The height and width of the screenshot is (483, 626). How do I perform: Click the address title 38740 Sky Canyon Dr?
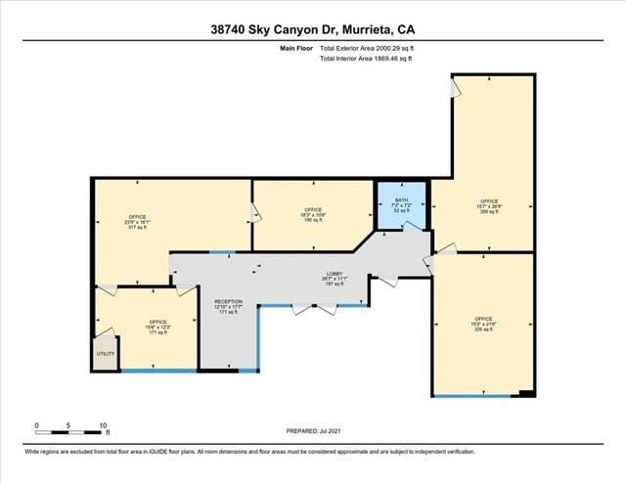[312, 29]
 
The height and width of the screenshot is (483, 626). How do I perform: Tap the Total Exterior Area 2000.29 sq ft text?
[367, 47]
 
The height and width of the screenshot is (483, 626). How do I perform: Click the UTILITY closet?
[104, 354]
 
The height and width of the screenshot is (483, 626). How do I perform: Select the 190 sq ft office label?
[313, 215]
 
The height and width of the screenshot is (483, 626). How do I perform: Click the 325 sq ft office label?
[483, 325]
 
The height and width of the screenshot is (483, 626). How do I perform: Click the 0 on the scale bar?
[36, 424]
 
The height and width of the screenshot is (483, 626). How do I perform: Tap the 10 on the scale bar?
[103, 424]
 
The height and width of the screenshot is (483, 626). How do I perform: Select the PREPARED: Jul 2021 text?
[313, 431]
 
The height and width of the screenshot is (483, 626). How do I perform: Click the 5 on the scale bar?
[69, 424]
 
